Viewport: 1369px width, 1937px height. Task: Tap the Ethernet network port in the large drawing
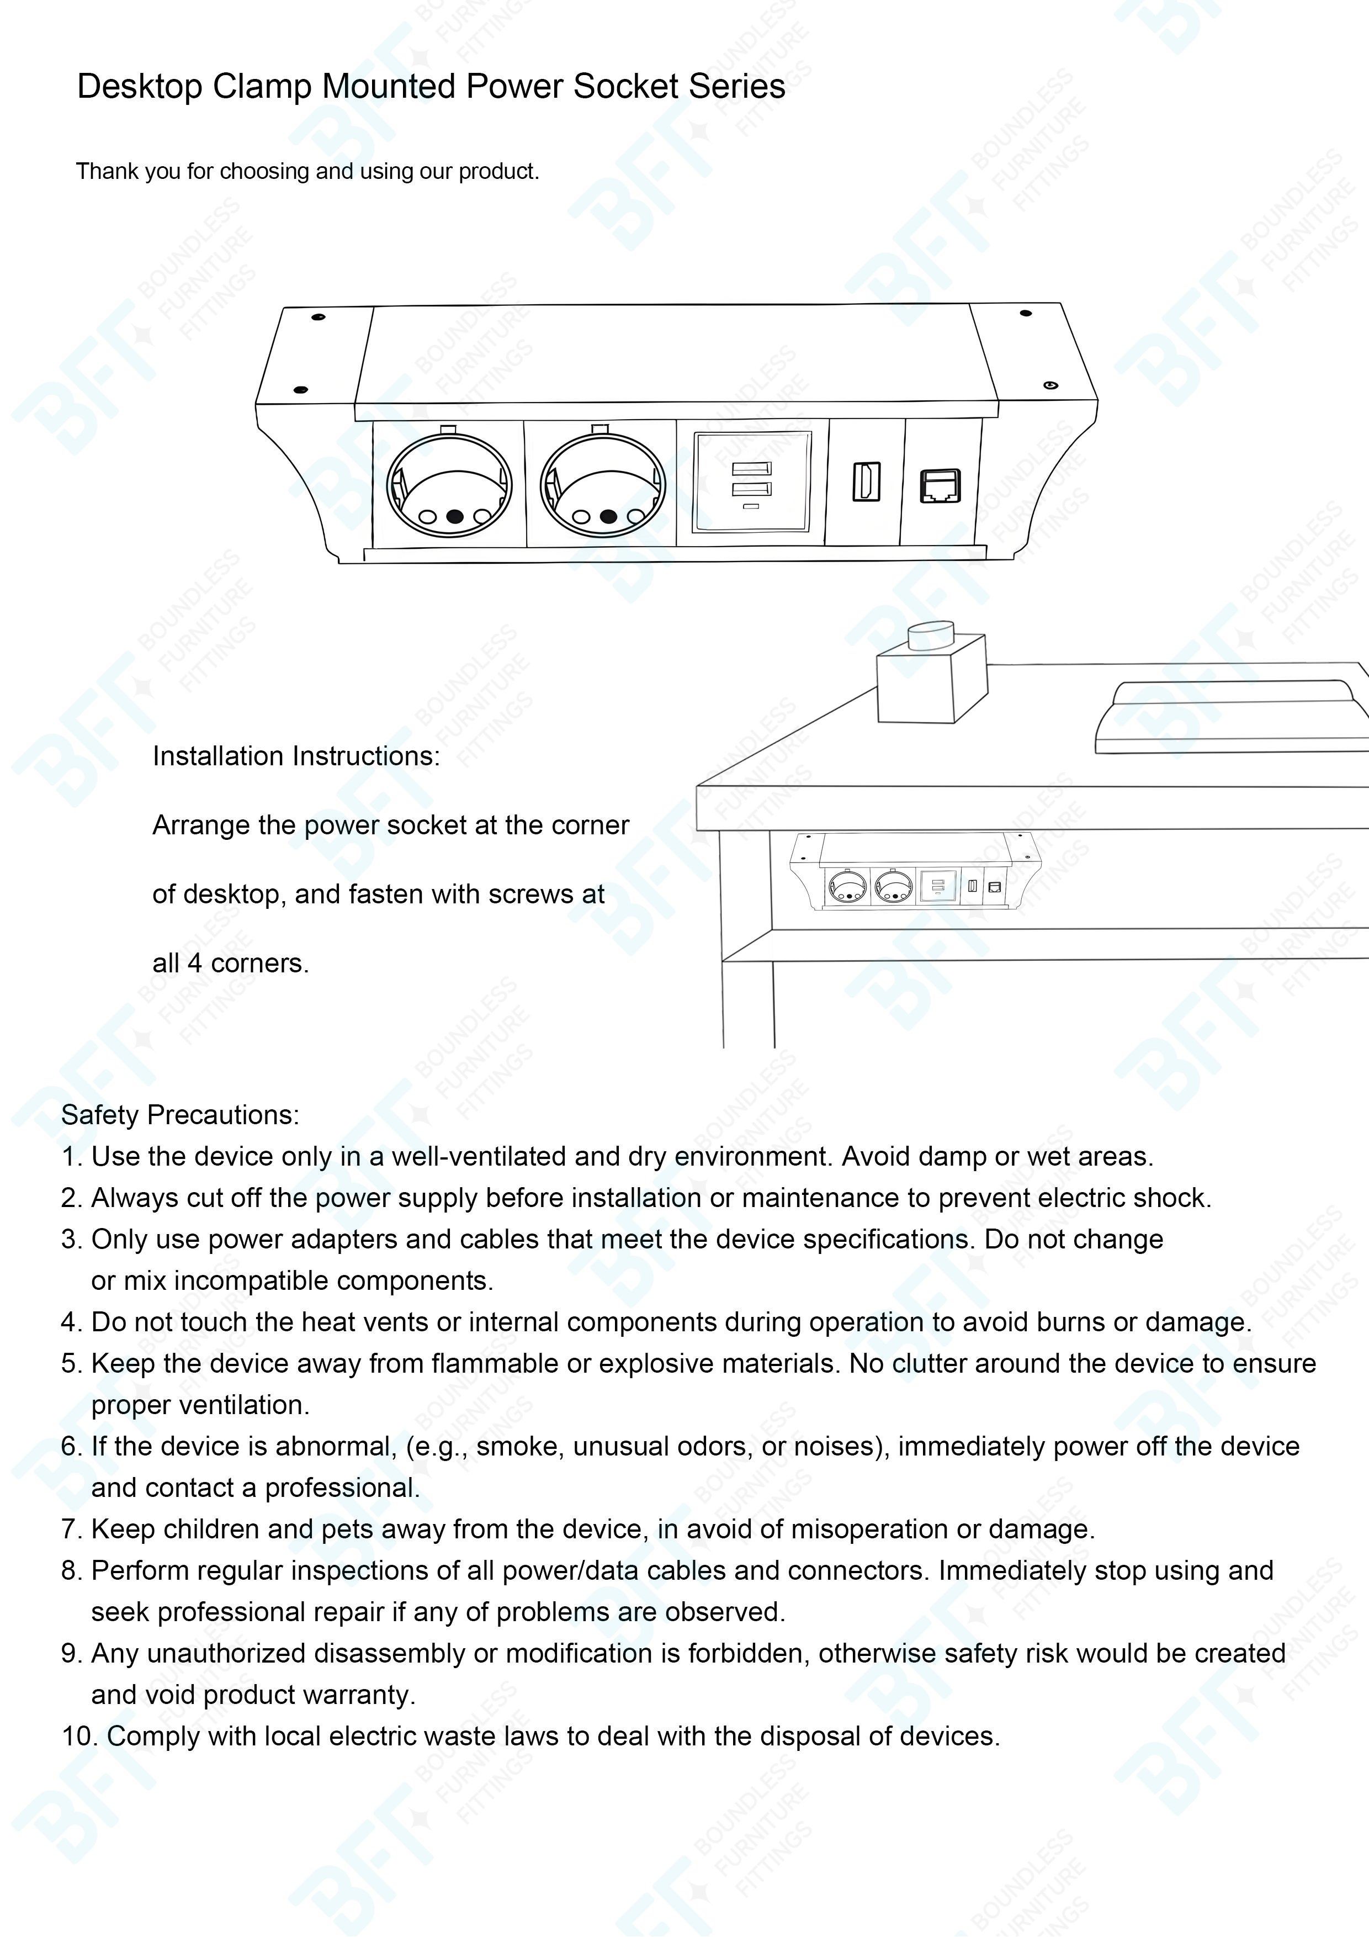pyautogui.click(x=940, y=487)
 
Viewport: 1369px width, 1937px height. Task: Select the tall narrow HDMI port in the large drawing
pyautogui.click(x=866, y=481)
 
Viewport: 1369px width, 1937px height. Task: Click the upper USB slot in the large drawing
pyautogui.click(x=751, y=470)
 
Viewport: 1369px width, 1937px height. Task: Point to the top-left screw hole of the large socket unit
pyautogui.click(x=319, y=318)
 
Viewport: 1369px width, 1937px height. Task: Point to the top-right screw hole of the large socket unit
pyautogui.click(x=1026, y=313)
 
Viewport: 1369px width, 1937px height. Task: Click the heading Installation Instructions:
pyautogui.click(x=296, y=756)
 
